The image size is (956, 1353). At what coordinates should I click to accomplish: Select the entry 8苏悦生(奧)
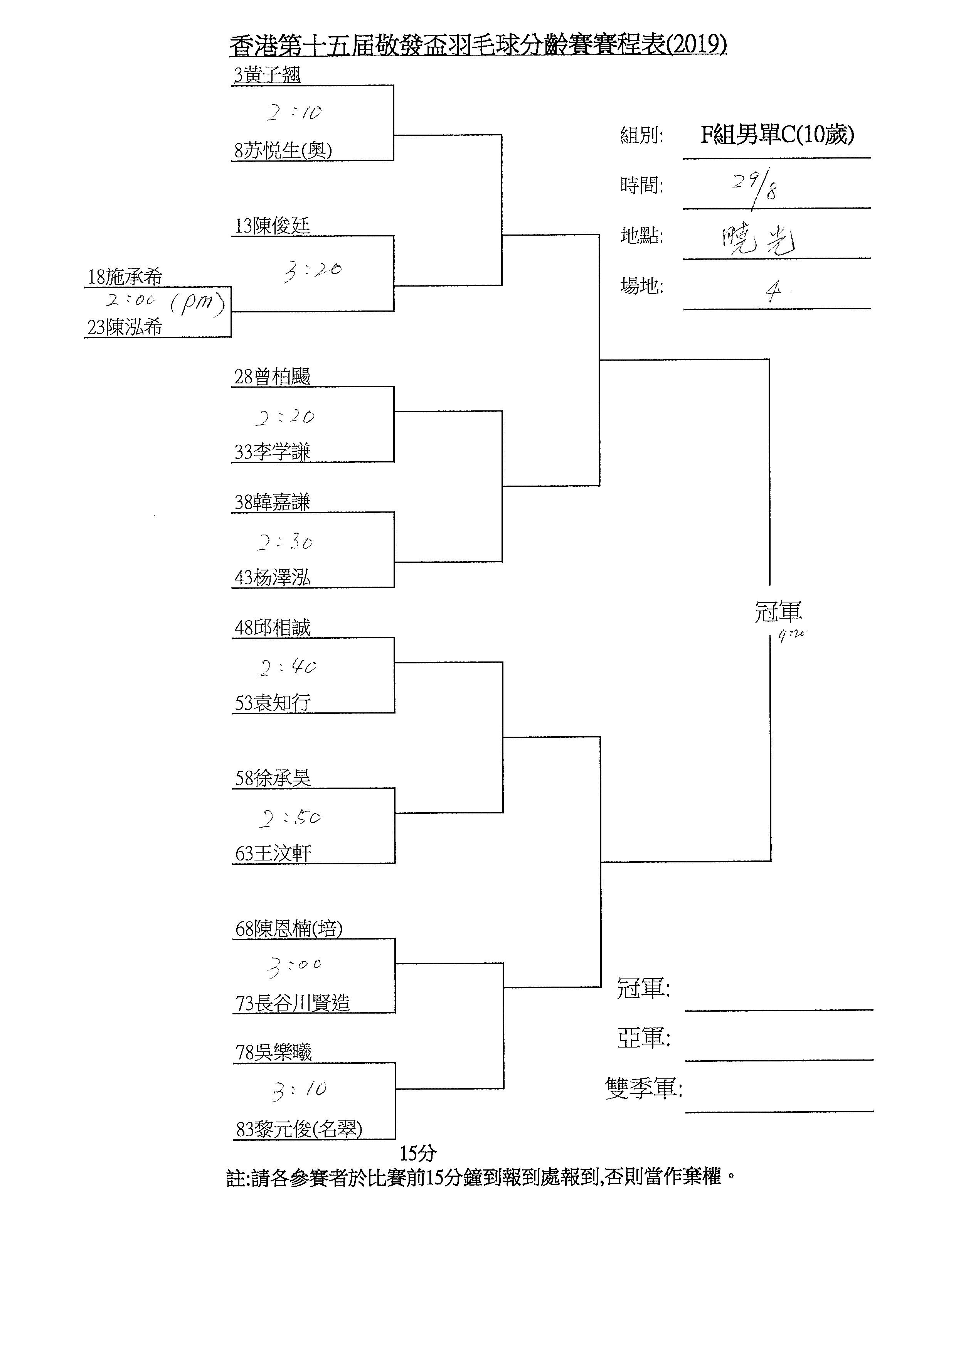(283, 151)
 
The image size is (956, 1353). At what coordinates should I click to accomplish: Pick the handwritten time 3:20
(312, 271)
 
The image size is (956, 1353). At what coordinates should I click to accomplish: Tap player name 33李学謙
(272, 452)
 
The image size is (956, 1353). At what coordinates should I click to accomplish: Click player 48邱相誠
(272, 628)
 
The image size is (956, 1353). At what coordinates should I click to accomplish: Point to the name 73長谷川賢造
(292, 1003)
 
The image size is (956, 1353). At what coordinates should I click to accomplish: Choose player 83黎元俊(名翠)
(299, 1129)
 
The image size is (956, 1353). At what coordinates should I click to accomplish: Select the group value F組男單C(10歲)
(777, 135)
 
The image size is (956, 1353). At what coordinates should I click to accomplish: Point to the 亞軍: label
(644, 1038)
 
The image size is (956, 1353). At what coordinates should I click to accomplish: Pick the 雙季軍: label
(644, 1088)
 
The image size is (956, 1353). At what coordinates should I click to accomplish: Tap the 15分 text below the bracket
(417, 1153)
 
